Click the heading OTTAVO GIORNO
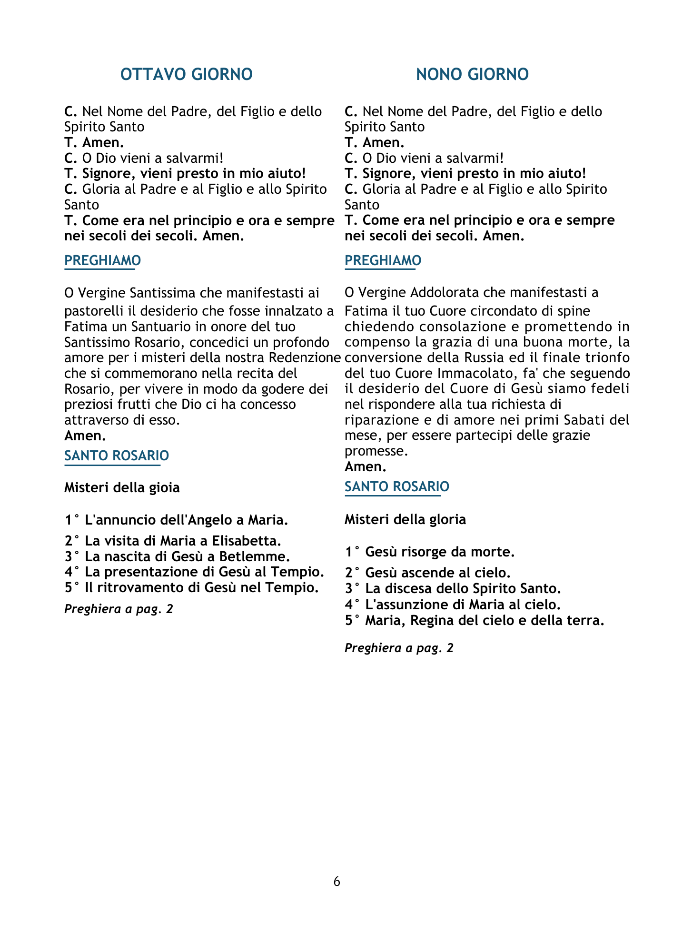(x=186, y=75)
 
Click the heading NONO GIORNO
(x=472, y=75)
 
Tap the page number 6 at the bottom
(x=337, y=882)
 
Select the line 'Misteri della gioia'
(x=122, y=488)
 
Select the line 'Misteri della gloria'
(x=405, y=519)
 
